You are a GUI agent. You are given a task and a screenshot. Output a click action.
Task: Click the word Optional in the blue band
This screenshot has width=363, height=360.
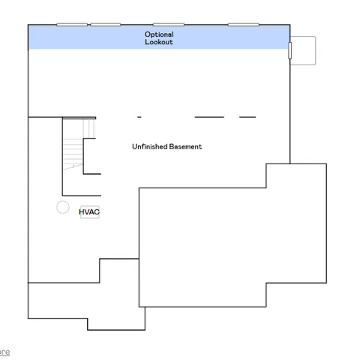159,34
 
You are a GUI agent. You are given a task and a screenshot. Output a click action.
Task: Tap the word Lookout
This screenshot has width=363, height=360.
159,43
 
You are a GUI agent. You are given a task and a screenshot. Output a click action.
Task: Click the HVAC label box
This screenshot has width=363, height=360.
89,212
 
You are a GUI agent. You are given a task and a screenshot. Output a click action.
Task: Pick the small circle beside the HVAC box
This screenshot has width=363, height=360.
63,207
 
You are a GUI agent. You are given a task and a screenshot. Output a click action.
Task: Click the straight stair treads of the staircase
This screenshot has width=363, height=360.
72,154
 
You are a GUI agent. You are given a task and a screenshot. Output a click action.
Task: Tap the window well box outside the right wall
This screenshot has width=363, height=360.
304,50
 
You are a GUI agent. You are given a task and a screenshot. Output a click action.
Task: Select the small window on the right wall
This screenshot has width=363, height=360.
290,50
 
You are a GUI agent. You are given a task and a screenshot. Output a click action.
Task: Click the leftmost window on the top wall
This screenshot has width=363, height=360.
70,25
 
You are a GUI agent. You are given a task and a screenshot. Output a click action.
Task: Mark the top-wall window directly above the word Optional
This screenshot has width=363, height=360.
169,25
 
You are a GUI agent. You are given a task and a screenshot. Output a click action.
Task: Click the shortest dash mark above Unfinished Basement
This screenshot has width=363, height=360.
139,117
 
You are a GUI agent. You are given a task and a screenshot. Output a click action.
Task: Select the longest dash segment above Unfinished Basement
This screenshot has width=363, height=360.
209,117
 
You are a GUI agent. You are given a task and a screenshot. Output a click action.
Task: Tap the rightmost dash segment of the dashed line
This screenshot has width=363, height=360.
247,117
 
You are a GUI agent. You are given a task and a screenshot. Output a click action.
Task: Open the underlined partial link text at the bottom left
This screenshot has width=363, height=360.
4,352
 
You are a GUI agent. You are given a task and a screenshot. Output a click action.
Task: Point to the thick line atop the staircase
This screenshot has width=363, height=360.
79,118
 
